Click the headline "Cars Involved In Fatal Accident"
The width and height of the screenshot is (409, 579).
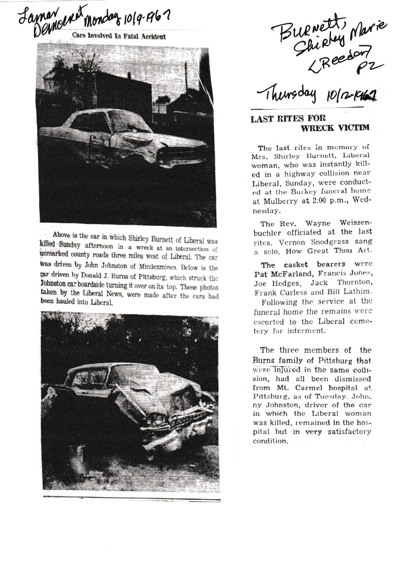point(119,37)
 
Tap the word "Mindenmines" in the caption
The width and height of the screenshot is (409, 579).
point(164,267)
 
